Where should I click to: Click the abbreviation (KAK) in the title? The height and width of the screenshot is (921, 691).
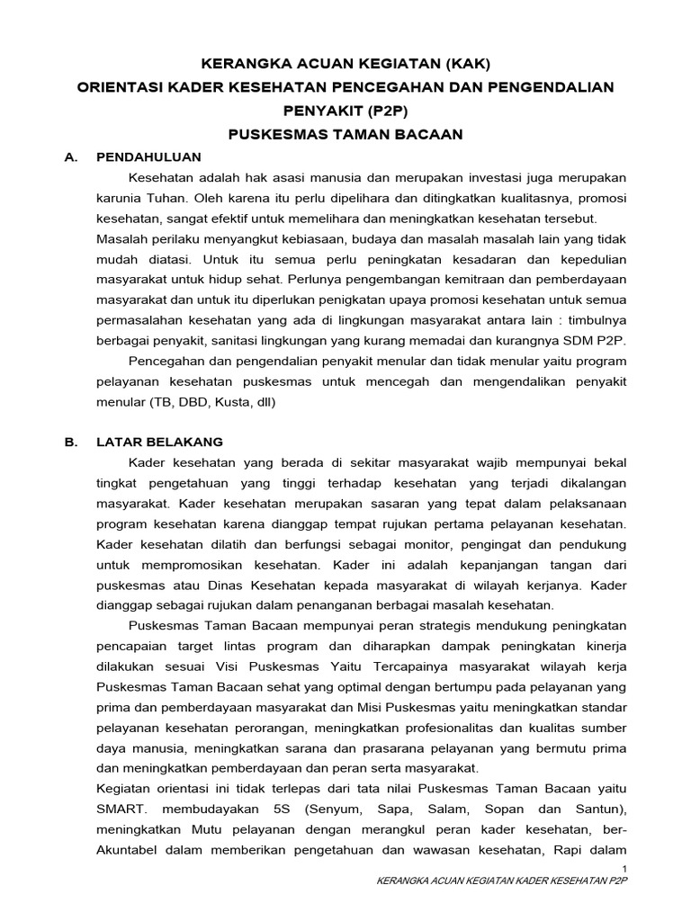tap(461, 64)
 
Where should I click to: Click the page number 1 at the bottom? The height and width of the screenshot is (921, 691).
tap(624, 867)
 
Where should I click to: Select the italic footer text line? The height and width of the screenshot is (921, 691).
tap(500, 881)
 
